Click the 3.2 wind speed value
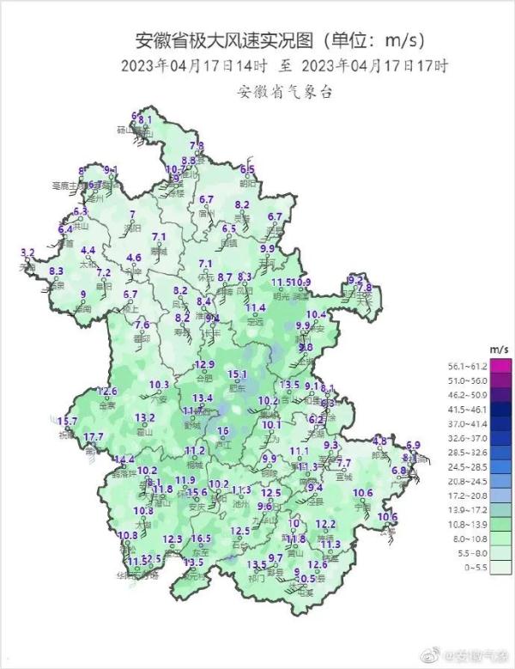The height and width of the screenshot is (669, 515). pyautogui.click(x=27, y=252)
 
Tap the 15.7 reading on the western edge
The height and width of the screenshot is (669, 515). pyautogui.click(x=67, y=421)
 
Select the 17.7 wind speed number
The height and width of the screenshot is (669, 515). pyautogui.click(x=94, y=437)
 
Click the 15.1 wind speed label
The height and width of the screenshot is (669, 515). pyautogui.click(x=237, y=374)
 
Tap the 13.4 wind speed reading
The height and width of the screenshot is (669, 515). pyautogui.click(x=203, y=398)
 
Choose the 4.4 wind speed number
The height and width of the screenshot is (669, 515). pyautogui.click(x=88, y=251)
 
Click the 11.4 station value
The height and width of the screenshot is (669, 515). pyautogui.click(x=256, y=308)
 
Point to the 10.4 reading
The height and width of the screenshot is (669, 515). pyautogui.click(x=317, y=314)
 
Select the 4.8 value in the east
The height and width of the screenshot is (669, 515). pyautogui.click(x=379, y=441)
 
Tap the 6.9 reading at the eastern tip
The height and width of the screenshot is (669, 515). pyautogui.click(x=414, y=445)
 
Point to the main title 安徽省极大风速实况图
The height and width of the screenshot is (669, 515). pyautogui.click(x=225, y=40)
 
